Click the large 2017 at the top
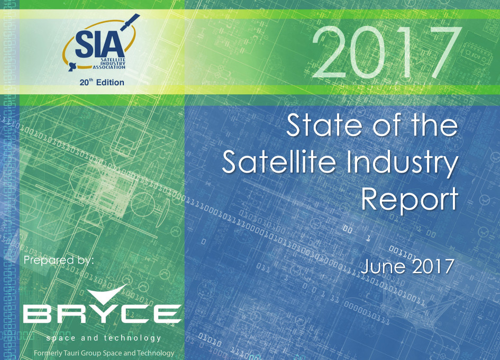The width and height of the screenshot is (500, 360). pos(386,52)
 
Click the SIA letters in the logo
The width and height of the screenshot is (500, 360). pos(99,45)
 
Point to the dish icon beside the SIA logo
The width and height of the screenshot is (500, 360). pos(71,67)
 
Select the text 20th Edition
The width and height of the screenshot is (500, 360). pos(102,83)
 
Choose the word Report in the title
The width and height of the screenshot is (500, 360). pos(410,200)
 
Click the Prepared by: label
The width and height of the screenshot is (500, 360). pos(59,260)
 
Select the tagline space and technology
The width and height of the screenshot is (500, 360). pos(104,338)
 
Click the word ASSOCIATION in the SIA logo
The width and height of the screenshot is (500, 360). pos(109,67)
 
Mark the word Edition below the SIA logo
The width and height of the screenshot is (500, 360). pos(110,83)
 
